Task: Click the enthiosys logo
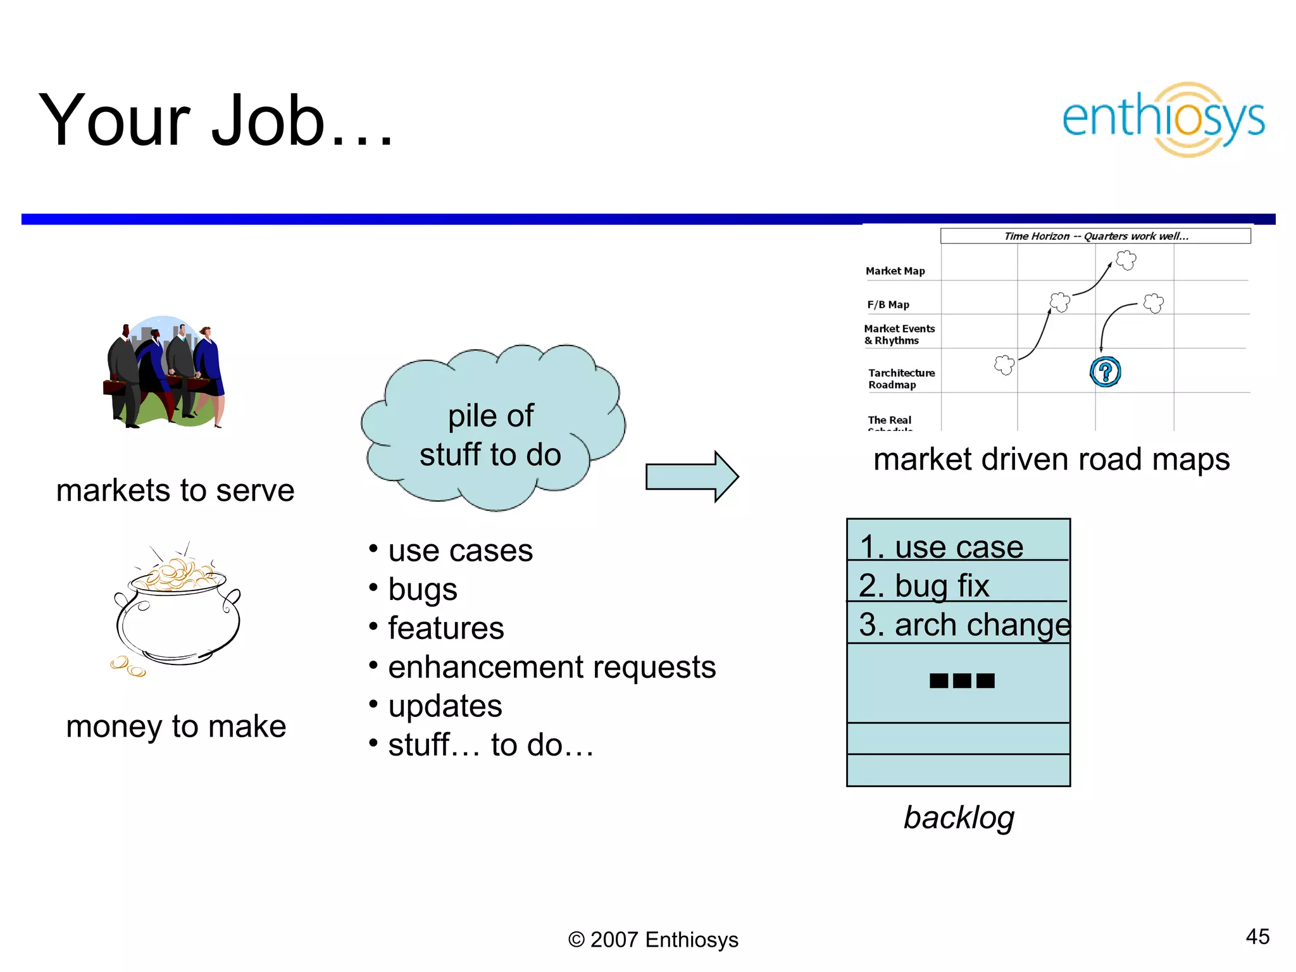1163,119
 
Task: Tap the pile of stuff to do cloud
491,430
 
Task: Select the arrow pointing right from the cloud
692,477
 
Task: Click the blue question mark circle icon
1105,371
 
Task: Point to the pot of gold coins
176,611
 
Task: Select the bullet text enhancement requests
551,667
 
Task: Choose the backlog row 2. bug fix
957,585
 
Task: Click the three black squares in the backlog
962,681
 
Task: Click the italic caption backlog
958,817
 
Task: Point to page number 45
1257,937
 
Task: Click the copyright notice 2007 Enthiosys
653,940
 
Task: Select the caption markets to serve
175,490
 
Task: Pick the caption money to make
176,726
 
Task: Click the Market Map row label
895,271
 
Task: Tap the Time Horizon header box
1095,236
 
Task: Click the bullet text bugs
422,589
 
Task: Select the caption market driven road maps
1051,459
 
